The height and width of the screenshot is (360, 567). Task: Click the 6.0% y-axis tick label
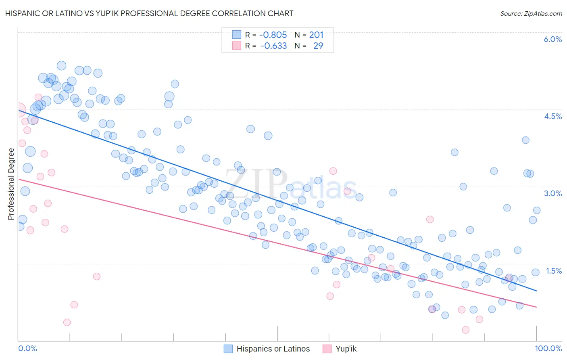[552, 39]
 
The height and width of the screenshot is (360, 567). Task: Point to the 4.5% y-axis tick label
[552, 116]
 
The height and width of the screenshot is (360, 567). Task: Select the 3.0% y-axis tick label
[552, 193]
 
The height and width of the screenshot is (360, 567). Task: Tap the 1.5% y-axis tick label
[553, 271]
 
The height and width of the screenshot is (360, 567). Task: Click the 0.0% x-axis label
[27, 348]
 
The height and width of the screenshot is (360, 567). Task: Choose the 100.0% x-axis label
[548, 348]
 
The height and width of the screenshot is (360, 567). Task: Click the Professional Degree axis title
[11, 184]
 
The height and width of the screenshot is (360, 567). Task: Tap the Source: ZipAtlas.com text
[531, 13]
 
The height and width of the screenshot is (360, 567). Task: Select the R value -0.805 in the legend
[273, 35]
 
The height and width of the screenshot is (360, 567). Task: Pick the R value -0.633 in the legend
[273, 46]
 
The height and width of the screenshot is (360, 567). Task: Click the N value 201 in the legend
[316, 35]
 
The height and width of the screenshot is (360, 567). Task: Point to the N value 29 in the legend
[318, 46]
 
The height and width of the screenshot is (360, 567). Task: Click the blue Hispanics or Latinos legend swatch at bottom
[228, 349]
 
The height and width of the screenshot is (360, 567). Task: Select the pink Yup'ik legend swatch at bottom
[327, 349]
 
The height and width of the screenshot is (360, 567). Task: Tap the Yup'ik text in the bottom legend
[346, 349]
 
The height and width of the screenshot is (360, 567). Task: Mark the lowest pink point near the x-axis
[466, 330]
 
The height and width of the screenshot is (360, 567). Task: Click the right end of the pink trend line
[536, 307]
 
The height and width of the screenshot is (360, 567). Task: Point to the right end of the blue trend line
[536, 291]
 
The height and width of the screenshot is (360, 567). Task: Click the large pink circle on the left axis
[19, 110]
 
